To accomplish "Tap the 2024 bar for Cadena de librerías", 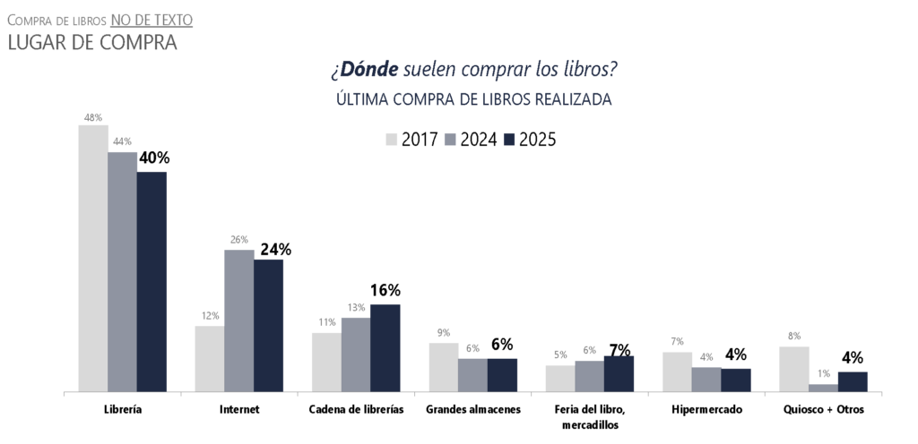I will point(356,354).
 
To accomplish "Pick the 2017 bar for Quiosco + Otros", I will point(794,369).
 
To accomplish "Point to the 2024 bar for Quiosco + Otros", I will point(823,388).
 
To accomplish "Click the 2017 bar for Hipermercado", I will point(677,371).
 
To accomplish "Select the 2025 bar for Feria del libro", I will point(619,373).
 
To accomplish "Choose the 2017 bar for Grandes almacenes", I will point(443,367).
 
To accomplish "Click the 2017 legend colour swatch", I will point(392,140).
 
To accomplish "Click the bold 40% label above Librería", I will point(152,158).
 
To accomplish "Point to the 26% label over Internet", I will point(238,240).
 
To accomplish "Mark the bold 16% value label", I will point(385,290).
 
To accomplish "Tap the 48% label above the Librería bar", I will point(93,116).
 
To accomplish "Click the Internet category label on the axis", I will point(239,409).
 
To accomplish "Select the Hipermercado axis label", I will point(706,409).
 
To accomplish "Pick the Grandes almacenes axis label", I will point(472,409).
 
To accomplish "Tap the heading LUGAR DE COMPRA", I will point(91,42).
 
